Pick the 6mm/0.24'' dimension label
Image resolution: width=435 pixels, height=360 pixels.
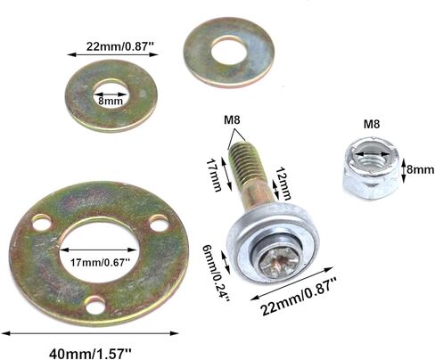click(x=221, y=273)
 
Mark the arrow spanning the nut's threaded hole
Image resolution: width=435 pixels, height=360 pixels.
click(x=373, y=160)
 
